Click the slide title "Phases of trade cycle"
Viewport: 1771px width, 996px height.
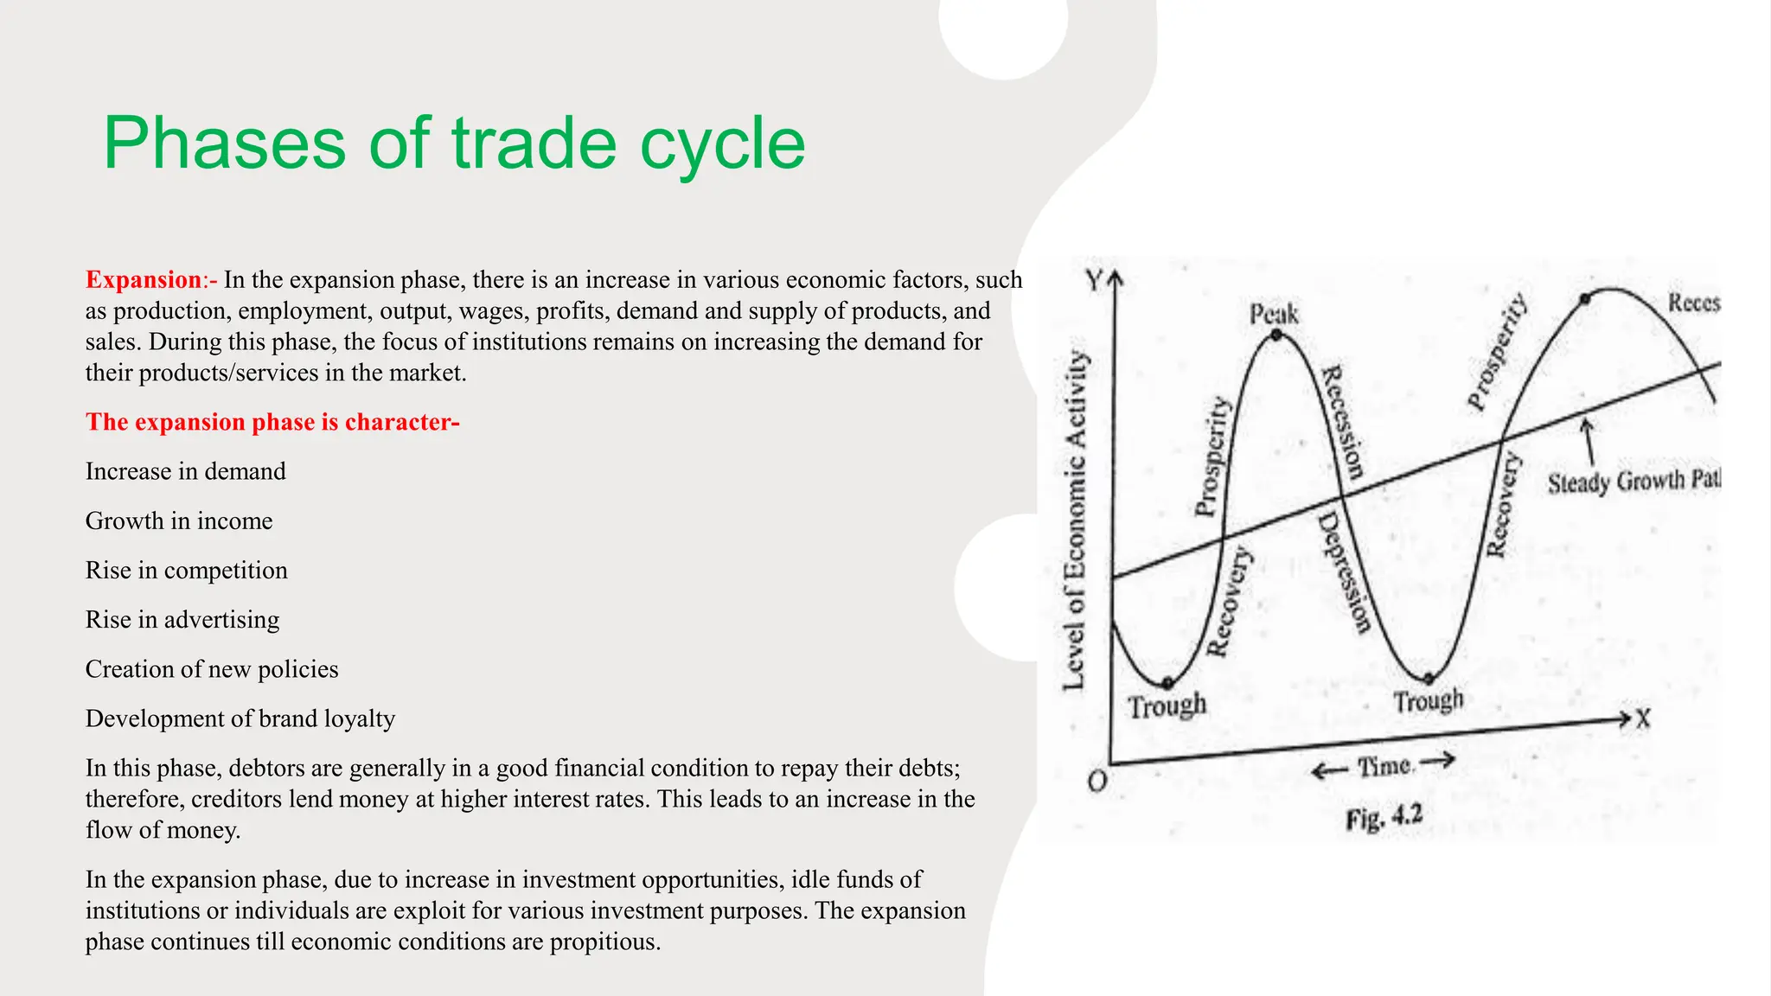(454, 144)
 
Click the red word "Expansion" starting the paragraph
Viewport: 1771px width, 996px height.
(143, 280)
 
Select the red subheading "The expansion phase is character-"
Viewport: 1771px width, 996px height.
(272, 422)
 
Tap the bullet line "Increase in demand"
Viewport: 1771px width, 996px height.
(185, 471)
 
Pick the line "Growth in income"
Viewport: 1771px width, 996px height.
(179, 520)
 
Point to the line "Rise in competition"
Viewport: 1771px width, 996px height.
(186, 571)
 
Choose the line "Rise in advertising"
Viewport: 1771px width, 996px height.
(182, 620)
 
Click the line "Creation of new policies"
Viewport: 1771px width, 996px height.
(212, 669)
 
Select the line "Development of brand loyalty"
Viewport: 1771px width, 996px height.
(240, 718)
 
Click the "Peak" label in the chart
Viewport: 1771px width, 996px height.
(1274, 314)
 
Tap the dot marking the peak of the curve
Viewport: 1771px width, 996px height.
(1276, 335)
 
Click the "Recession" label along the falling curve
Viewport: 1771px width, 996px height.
(1343, 422)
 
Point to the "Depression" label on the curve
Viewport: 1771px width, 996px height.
(1345, 572)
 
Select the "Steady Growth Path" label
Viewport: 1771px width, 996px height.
(1633, 481)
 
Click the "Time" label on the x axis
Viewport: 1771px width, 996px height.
(1384, 766)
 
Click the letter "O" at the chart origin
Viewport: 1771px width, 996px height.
(1097, 782)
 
